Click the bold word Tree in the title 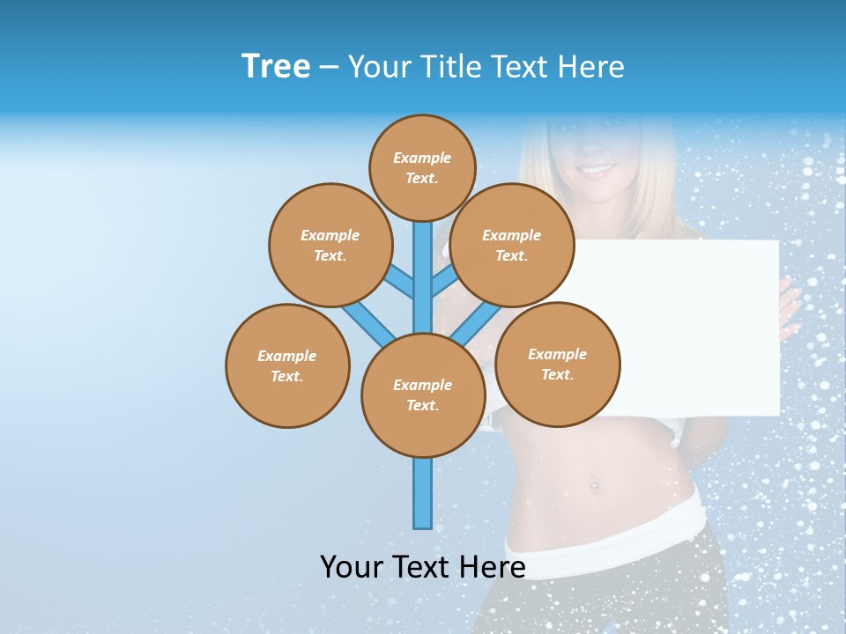click(276, 67)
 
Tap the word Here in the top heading click(590, 67)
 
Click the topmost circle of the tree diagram click(422, 167)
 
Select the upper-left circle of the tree click(330, 245)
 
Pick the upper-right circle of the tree click(512, 245)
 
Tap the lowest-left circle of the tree click(287, 365)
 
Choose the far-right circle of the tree click(557, 364)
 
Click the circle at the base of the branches click(423, 395)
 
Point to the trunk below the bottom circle click(423, 493)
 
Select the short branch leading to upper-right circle click(443, 281)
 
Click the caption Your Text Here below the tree click(423, 566)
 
